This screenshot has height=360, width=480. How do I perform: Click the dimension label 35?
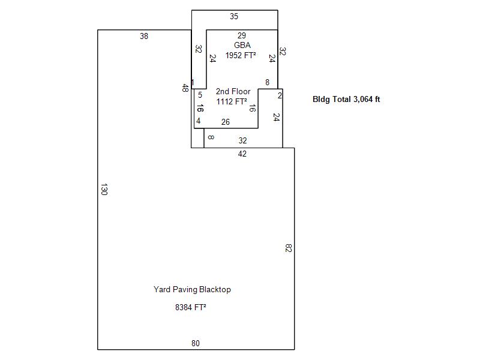(234, 17)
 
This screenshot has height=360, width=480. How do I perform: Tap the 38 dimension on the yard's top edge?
(144, 36)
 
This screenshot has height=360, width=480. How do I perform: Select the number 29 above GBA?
(242, 35)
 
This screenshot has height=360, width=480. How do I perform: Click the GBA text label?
(242, 46)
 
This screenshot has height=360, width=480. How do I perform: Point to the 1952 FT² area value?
(241, 55)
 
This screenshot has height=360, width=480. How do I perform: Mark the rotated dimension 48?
(185, 88)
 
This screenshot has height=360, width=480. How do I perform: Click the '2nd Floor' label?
(233, 92)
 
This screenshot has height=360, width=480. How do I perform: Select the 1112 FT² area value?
(232, 101)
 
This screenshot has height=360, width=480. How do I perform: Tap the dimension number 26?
(226, 122)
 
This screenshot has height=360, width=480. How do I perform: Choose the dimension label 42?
(242, 154)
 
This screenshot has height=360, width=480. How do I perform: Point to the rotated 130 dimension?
(104, 189)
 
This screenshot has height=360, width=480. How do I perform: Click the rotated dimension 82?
(289, 248)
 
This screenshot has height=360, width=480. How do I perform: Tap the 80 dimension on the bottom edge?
(196, 343)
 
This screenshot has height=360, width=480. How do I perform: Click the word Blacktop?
(215, 289)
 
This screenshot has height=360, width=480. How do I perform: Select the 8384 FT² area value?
(190, 307)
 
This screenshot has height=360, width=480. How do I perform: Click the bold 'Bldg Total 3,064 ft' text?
(346, 99)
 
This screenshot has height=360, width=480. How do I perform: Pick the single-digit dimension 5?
(200, 95)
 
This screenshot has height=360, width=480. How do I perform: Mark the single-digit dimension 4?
(199, 121)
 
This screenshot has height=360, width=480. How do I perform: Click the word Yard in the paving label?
(162, 289)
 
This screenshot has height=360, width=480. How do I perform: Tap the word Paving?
(185, 290)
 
